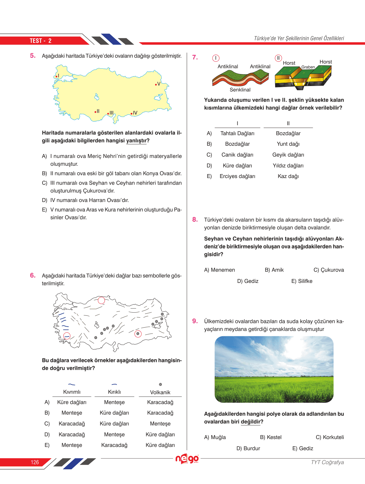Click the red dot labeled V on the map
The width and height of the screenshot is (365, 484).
[x=156, y=85]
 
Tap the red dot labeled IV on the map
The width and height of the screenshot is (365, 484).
[x=131, y=114]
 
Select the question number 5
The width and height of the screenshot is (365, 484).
[x=33, y=56]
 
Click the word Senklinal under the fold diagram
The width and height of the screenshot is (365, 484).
[x=240, y=90]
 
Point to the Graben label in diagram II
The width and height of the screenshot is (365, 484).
[x=308, y=67]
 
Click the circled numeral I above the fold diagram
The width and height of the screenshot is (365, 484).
[x=216, y=58]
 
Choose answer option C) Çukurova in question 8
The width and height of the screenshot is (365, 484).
[x=329, y=270]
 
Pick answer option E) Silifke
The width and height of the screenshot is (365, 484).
[x=302, y=281]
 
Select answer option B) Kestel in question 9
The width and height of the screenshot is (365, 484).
[x=271, y=437]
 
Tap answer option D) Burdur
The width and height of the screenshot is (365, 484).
[x=248, y=448]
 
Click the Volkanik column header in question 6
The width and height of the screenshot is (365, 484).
[x=160, y=392]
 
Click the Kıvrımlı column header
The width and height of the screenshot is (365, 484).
[x=72, y=392]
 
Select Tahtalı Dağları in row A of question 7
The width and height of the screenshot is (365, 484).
[x=237, y=133]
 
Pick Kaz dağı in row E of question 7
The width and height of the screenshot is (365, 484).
[x=288, y=176]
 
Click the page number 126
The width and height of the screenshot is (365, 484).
[x=35, y=462]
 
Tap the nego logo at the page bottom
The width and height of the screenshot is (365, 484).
[x=187, y=459]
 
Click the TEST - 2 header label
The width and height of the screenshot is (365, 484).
[x=40, y=41]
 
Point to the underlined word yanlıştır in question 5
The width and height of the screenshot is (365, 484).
[x=136, y=141]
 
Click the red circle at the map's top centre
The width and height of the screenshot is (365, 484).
[x=101, y=300]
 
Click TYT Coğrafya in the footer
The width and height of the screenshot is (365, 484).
[x=327, y=462]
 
